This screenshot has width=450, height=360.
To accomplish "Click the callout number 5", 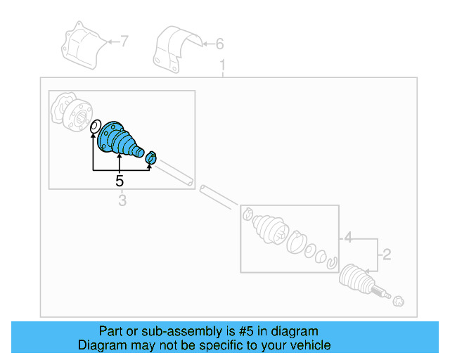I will tap(120, 181).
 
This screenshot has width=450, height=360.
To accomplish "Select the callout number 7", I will tap(124, 42).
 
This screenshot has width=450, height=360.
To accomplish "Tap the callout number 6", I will tap(219, 44).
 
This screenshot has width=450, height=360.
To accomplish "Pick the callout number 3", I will tap(122, 202).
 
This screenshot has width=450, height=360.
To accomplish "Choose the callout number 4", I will tap(347, 238).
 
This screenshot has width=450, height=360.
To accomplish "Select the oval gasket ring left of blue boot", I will tap(94, 127).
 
